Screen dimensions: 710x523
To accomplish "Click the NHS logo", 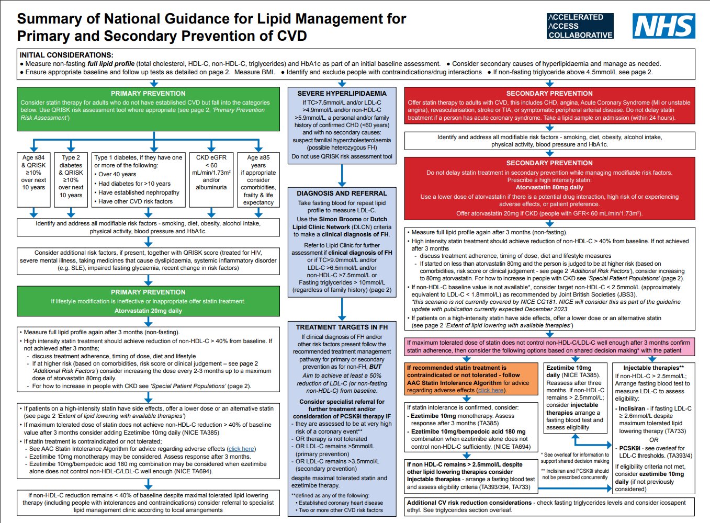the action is (x=664, y=26).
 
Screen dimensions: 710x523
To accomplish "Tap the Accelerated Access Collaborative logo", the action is (x=580, y=26).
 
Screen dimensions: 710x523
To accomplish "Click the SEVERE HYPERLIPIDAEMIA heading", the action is (x=342, y=94).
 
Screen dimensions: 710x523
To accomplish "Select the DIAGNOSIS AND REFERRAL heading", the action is (x=342, y=193).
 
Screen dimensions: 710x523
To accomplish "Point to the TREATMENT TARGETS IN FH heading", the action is (x=342, y=327).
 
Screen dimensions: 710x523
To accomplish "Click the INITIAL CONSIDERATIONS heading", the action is (x=66, y=55).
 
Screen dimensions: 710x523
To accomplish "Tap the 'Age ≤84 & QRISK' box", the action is (x=33, y=180).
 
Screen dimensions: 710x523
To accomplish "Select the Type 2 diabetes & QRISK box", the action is (x=71, y=180).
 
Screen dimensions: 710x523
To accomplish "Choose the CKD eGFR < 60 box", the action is (x=211, y=180).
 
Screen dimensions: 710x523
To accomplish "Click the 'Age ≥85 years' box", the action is (x=258, y=180).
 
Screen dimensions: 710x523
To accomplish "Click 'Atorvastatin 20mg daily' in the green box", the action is (x=149, y=311).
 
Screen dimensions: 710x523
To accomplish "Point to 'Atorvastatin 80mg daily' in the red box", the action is (x=549, y=187).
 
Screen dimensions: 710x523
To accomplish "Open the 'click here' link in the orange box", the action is (x=491, y=390).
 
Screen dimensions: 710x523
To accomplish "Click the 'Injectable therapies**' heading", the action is (x=653, y=368).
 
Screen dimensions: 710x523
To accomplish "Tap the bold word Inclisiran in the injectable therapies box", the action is (x=632, y=408).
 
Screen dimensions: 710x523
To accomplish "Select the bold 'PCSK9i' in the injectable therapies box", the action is (x=629, y=448).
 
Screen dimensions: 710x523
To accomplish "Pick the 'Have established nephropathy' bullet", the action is (x=137, y=192).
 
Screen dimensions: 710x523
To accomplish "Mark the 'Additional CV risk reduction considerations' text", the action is (x=469, y=503).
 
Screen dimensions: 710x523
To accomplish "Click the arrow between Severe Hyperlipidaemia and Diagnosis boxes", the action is (x=342, y=176).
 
